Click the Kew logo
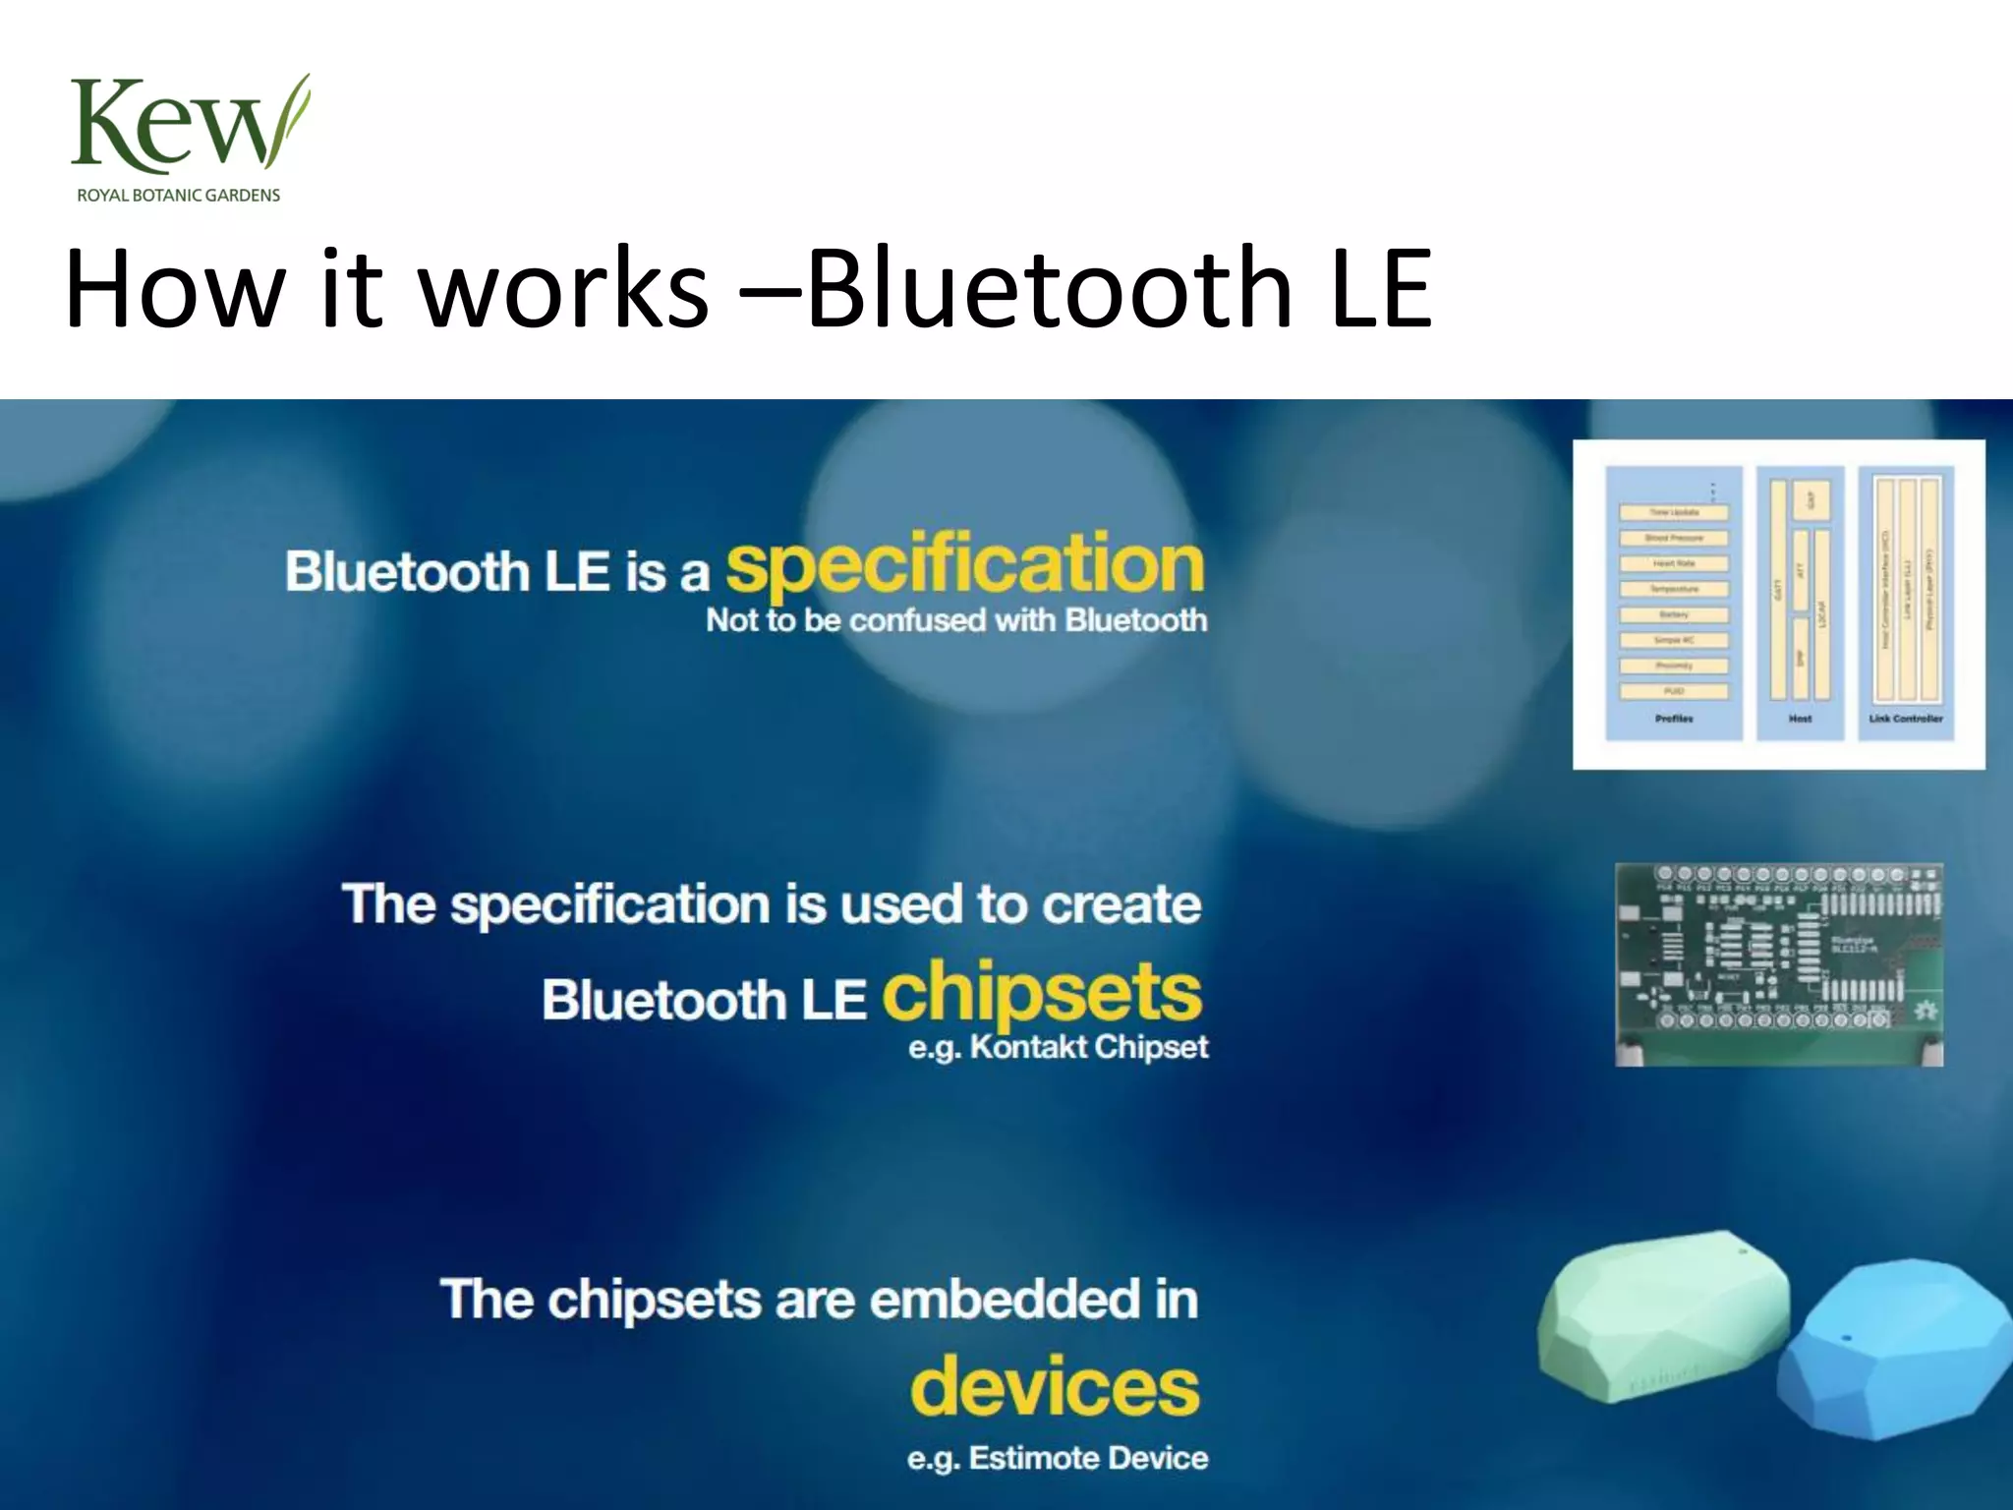[x=187, y=126]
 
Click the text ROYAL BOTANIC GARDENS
[x=179, y=196]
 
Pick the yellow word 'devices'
[x=1055, y=1385]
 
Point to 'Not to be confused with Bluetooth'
[x=956, y=620]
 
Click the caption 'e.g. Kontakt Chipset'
[x=1058, y=1047]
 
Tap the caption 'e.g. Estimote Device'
[x=1058, y=1457]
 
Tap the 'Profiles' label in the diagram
[x=1674, y=719]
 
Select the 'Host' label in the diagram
[x=1800, y=719]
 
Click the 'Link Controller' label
[x=1905, y=719]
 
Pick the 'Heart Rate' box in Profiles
[x=1674, y=563]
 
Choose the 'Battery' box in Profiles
[x=1674, y=614]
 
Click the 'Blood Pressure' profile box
[x=1674, y=538]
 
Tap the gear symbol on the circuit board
[x=1924, y=1011]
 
